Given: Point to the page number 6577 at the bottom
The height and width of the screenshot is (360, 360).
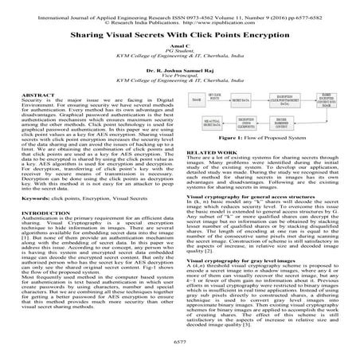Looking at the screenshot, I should pos(179,338).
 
